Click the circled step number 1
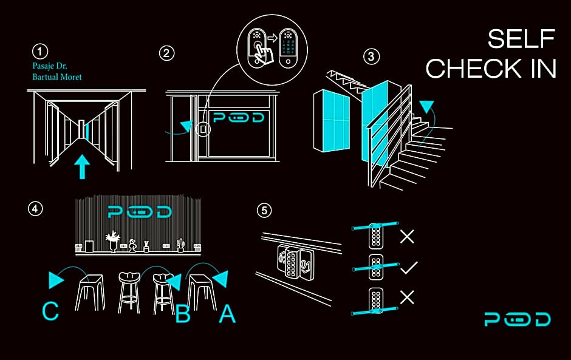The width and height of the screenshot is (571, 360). [x=39, y=52]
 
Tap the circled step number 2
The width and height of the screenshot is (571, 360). [x=166, y=53]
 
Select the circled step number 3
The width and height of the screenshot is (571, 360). [x=371, y=56]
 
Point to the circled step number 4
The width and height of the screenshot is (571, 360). [x=35, y=209]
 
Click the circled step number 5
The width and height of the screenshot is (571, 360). [x=264, y=210]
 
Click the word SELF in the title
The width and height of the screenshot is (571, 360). [x=521, y=39]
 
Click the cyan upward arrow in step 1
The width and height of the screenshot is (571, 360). [x=82, y=166]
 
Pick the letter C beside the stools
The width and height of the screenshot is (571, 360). [x=50, y=311]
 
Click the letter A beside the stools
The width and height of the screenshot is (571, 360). [x=227, y=314]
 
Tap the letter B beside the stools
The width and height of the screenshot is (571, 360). [x=183, y=314]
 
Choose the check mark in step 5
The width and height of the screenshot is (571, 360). [x=409, y=268]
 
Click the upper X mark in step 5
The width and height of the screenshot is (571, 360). [x=407, y=237]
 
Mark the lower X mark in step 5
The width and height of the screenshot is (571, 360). [x=407, y=297]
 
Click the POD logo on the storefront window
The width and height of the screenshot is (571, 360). [x=238, y=117]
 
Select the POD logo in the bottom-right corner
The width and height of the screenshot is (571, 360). [x=517, y=319]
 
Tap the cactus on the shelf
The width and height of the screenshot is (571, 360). [x=180, y=245]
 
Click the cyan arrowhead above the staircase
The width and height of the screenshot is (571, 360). [x=426, y=107]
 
